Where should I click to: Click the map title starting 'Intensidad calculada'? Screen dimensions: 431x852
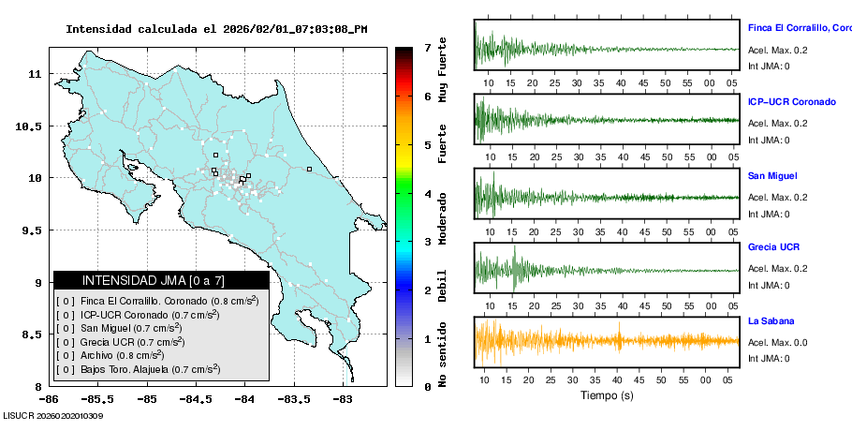[216, 29]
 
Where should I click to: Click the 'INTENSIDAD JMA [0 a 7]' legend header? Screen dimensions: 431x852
[161, 280]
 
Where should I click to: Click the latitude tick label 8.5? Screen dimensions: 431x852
[33, 334]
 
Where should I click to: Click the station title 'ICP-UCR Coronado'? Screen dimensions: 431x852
[791, 101]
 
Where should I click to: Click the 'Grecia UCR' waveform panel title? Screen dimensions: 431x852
[773, 247]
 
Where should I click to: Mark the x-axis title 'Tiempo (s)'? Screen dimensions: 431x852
[608, 395]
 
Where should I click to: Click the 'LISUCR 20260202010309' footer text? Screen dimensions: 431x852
[53, 415]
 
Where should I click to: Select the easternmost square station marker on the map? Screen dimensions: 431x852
[308, 170]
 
